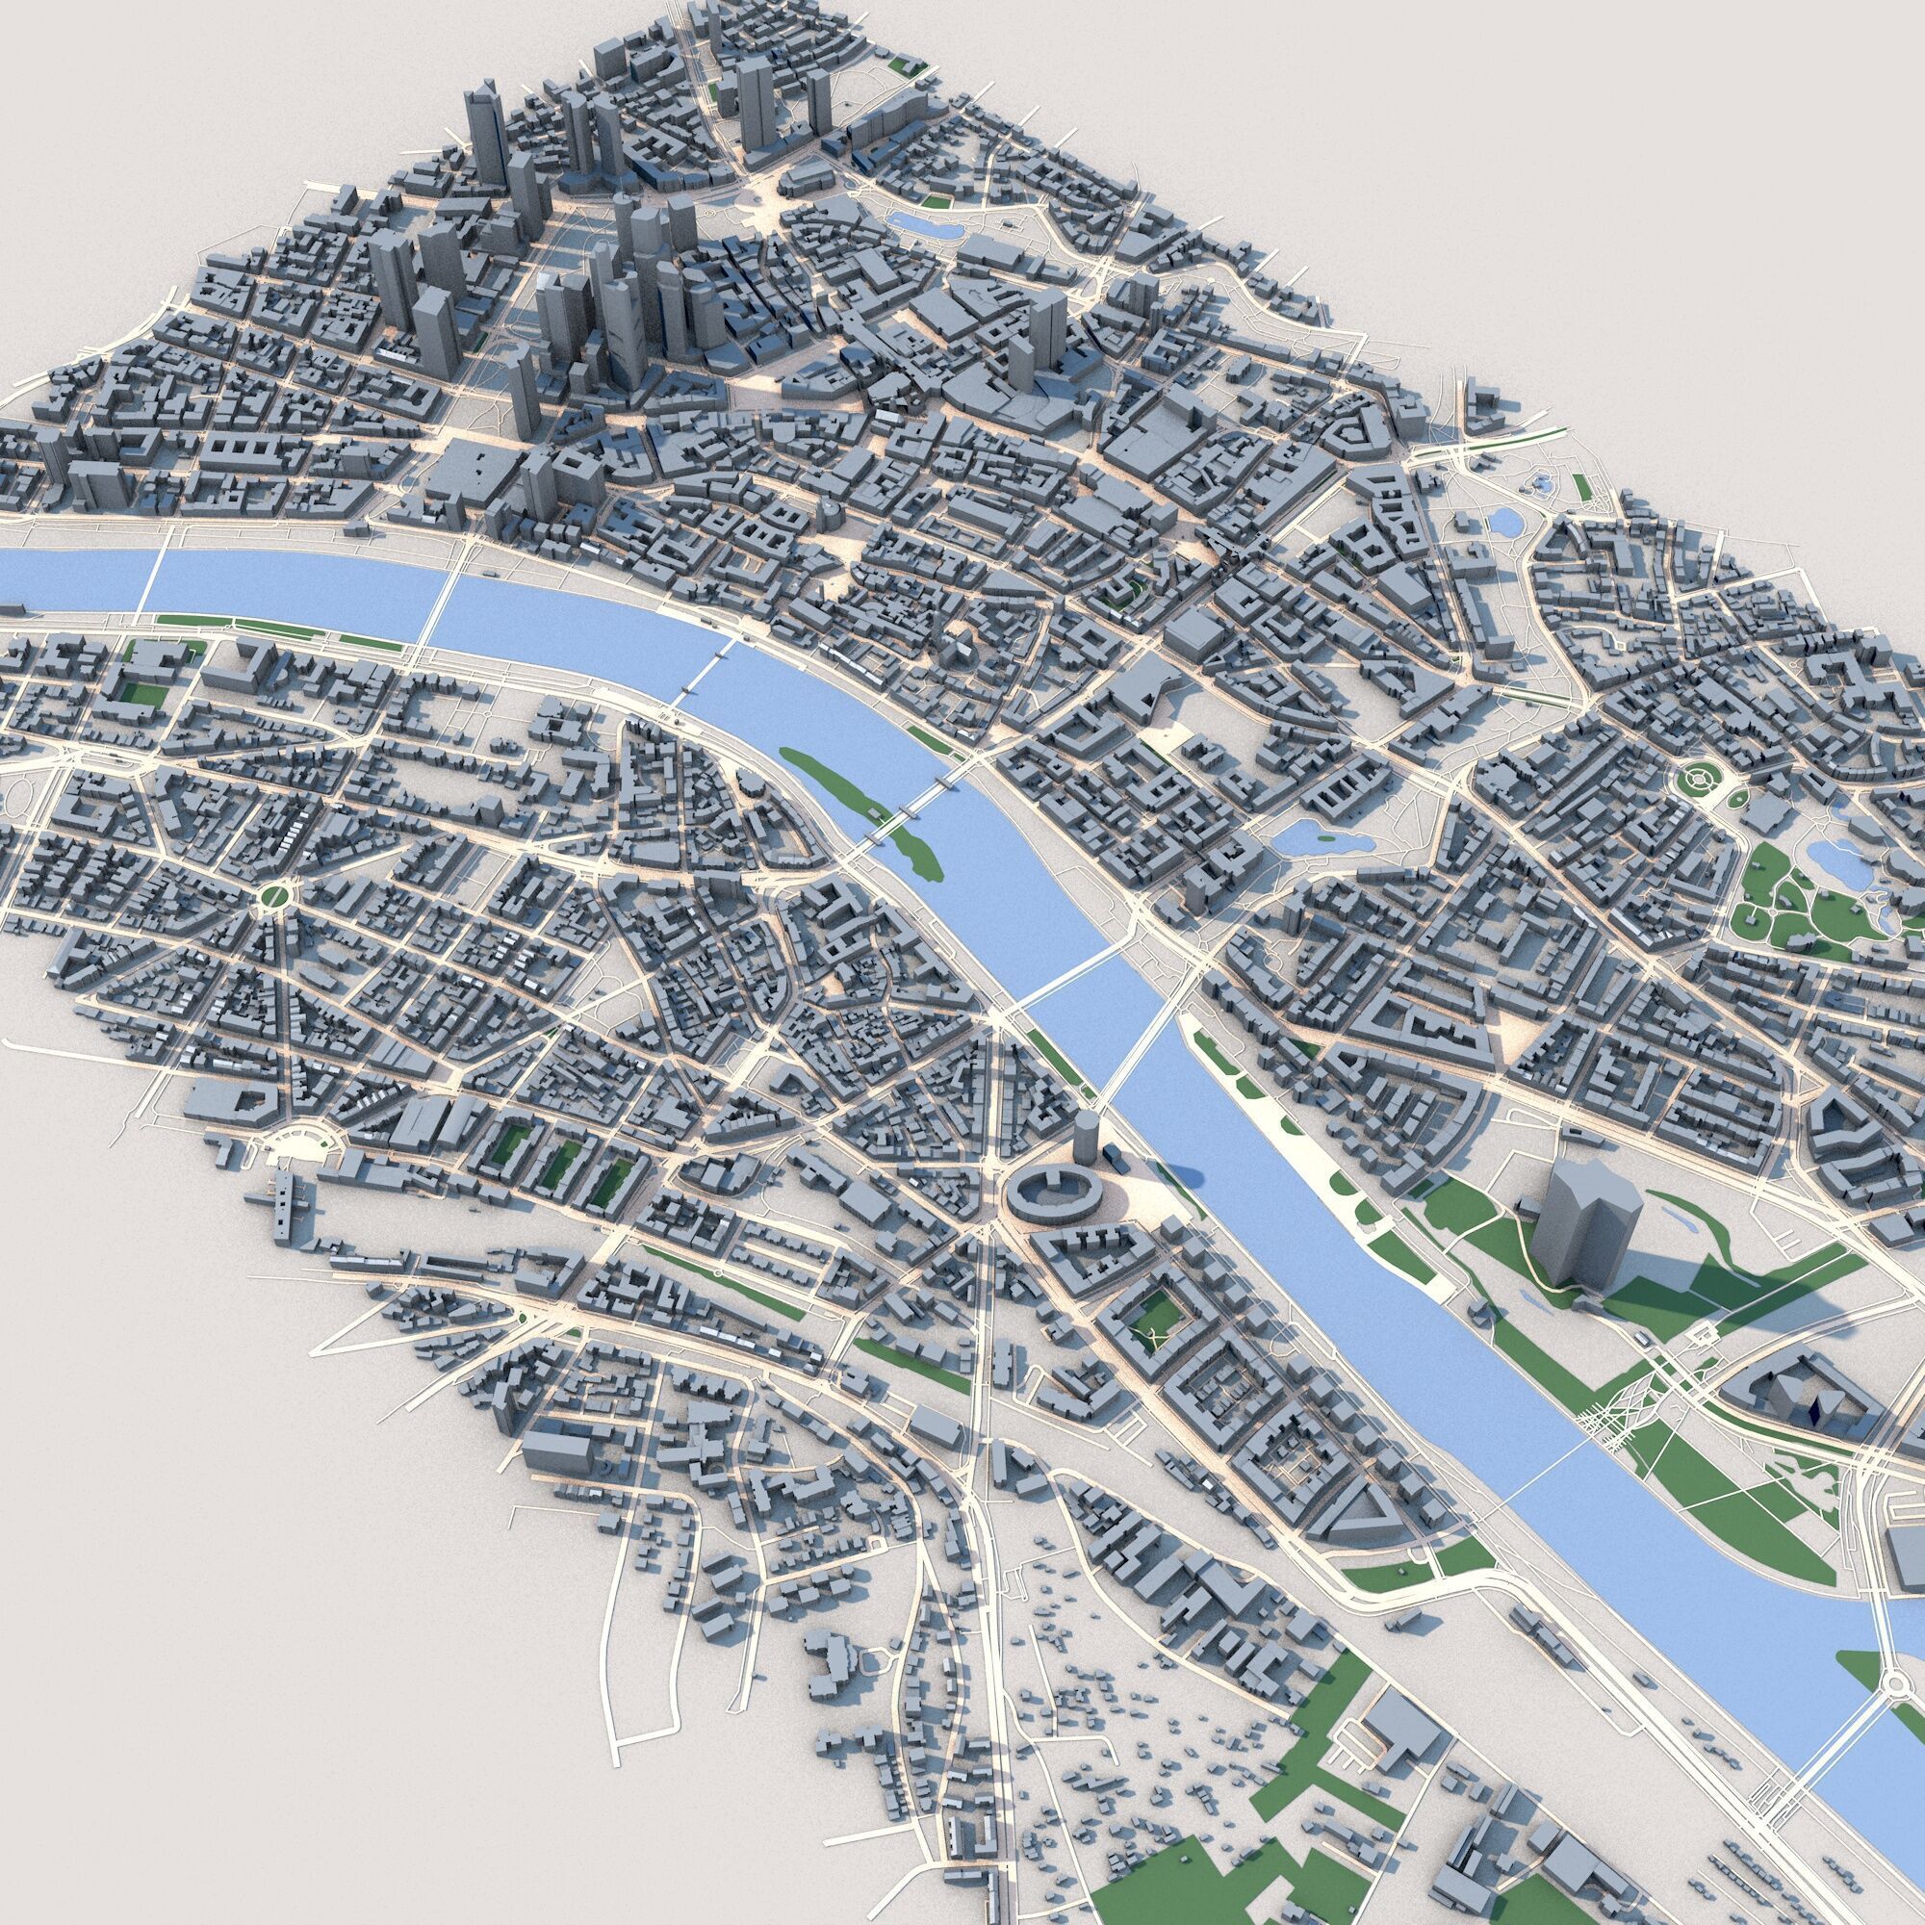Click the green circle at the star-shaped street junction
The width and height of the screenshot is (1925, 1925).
(272, 897)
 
